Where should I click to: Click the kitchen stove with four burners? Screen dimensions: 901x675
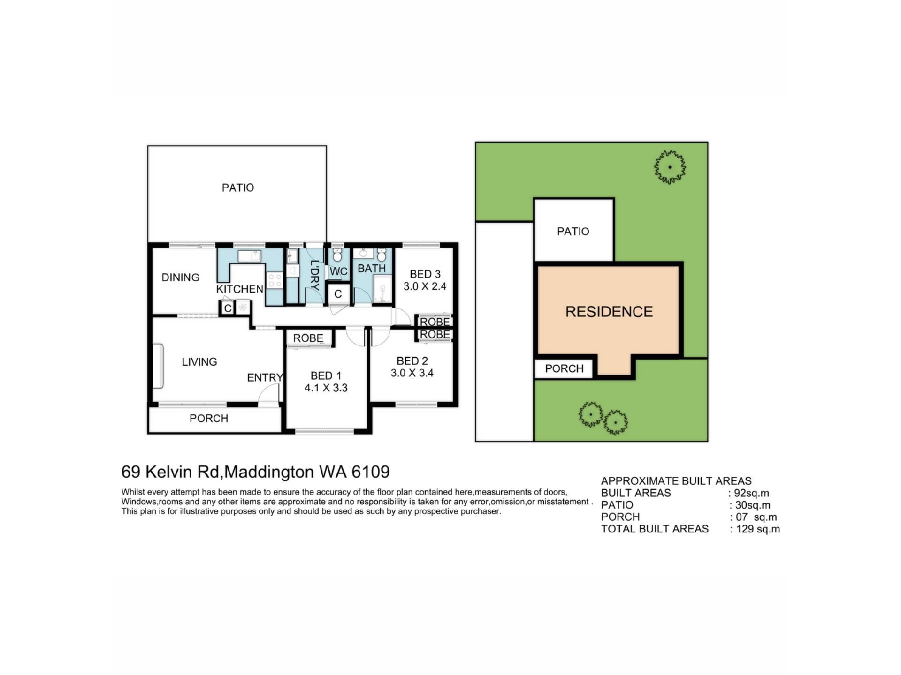pos(274,280)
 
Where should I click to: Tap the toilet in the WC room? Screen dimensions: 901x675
pos(337,255)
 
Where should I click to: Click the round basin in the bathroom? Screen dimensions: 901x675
pos(363,254)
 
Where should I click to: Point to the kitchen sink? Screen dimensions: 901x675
pos(250,256)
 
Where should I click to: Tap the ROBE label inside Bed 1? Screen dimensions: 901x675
pos(308,338)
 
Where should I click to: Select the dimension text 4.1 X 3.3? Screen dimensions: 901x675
pos(326,388)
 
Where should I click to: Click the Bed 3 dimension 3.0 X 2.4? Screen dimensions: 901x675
pos(425,286)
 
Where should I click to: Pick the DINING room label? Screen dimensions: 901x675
pos(180,277)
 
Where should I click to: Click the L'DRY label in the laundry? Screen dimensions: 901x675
pos(314,276)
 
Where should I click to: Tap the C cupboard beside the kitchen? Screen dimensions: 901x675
pos(228,308)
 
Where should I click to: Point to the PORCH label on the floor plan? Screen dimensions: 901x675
pos(208,418)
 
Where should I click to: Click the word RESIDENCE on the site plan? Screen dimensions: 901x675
pos(609,312)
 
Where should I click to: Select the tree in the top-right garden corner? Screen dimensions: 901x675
pos(670,167)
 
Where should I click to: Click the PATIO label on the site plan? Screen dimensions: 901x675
pos(573,231)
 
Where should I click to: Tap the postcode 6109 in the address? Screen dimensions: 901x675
pos(371,472)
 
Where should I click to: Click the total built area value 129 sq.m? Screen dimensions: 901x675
pos(758,529)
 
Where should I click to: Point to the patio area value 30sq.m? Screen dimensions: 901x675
pos(752,505)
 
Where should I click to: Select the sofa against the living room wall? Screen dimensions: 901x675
pos(158,366)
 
